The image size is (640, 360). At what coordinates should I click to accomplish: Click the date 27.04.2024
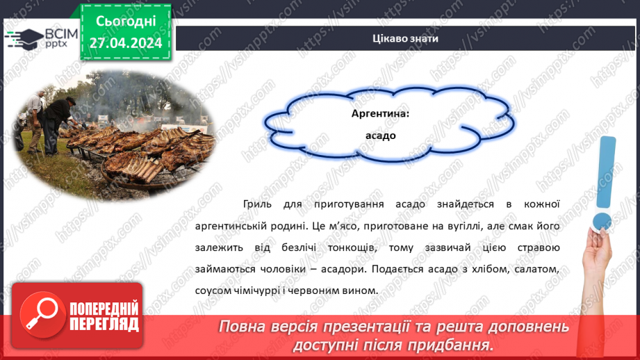pyautogui.click(x=125, y=43)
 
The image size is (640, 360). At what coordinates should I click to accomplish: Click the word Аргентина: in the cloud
pyautogui.click(x=380, y=113)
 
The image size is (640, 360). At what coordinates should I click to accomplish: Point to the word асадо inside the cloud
pyautogui.click(x=380, y=136)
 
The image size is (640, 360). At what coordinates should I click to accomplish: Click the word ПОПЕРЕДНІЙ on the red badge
pyautogui.click(x=103, y=309)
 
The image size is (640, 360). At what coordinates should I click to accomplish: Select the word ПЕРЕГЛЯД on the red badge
pyautogui.click(x=103, y=324)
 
